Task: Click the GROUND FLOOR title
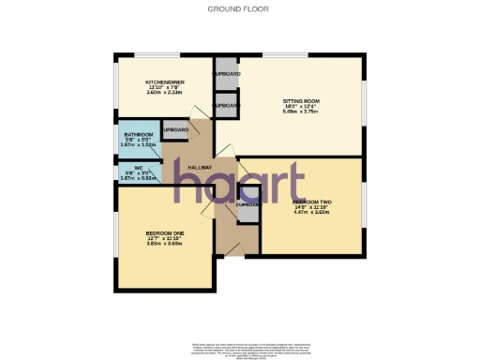239,8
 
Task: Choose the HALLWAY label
186,167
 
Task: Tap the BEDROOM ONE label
163,232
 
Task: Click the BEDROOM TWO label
310,201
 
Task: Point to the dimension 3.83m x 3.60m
163,243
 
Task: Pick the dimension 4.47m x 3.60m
310,212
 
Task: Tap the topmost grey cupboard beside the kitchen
226,73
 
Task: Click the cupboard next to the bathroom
174,130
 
